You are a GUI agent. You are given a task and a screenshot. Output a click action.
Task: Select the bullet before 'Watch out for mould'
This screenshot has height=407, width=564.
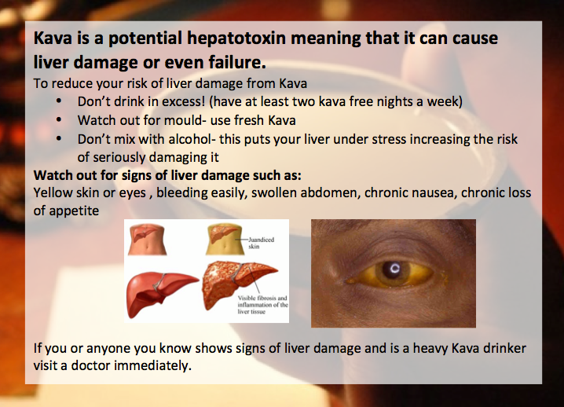[59, 120]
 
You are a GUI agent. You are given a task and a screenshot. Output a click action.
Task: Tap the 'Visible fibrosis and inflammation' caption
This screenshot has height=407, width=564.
[262, 305]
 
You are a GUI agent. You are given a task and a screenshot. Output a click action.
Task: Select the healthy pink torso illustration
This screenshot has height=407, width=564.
[147, 239]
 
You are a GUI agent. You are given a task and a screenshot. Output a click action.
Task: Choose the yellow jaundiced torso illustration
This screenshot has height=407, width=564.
[224, 239]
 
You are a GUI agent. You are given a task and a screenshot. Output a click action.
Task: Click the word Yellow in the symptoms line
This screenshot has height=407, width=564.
[53, 192]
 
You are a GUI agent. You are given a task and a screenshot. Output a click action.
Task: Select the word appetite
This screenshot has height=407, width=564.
[74, 211]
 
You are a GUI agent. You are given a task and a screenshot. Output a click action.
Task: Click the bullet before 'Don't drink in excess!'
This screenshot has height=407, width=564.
[59, 101]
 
